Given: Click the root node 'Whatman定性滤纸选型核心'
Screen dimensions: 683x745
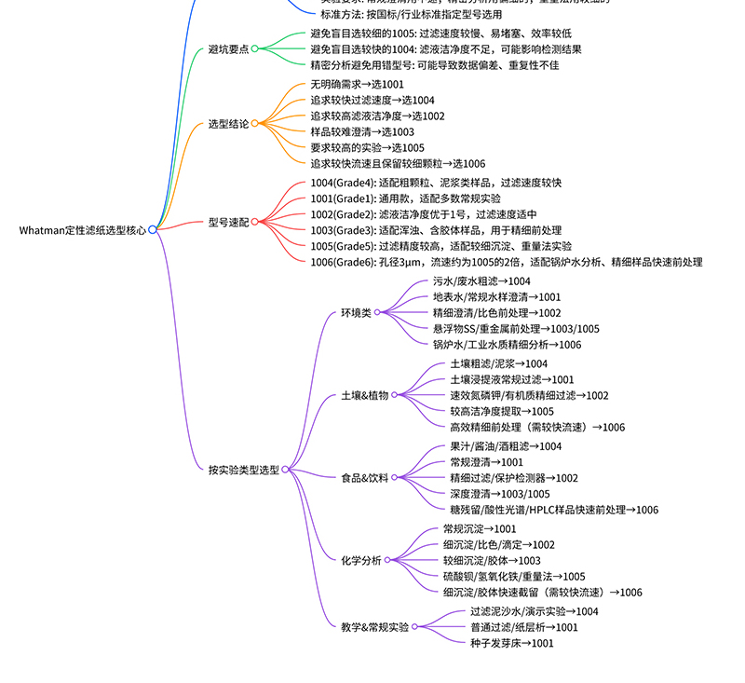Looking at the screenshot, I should pos(82,229).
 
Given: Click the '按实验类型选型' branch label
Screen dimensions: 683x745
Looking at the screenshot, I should pos(243,471).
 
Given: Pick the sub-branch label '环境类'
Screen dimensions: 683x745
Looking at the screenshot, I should pos(355,313).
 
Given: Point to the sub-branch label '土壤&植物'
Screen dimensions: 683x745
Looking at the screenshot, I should pos(364,395).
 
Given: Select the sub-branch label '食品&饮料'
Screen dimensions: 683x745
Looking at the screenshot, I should pos(364,478).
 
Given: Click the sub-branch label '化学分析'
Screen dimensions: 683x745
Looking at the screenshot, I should pos(360,560).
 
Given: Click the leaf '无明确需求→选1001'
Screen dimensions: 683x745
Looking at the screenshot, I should pos(357,85).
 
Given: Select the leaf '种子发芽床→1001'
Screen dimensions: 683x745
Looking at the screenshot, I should pos(511,643).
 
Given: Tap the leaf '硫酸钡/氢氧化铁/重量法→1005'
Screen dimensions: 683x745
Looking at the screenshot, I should pos(514,577).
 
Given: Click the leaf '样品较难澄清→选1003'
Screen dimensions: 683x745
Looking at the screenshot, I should pos(362,132).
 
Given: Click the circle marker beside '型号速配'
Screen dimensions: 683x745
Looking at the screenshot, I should pos(255,222).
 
